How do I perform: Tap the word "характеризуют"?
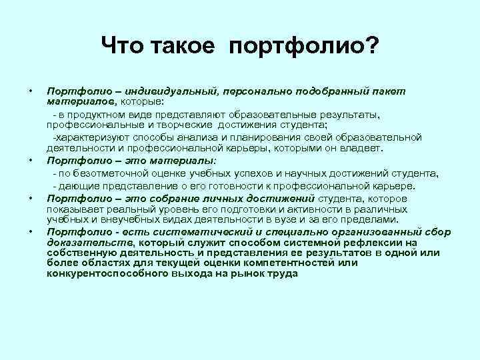90,137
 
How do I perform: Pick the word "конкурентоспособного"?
103,273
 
